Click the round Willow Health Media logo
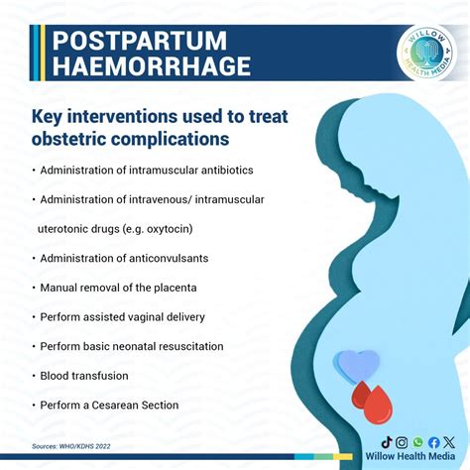tap(427, 55)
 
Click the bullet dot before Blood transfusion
tap(34, 376)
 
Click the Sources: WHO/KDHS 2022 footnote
tap(72, 447)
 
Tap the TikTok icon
tap(387, 442)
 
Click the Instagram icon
tap(402, 442)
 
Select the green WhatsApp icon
tap(417, 442)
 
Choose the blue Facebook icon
tap(433, 442)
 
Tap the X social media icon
tap(449, 442)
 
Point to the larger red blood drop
tap(378, 405)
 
